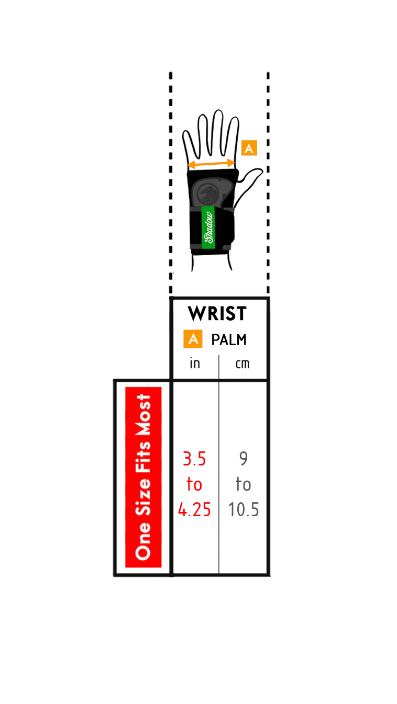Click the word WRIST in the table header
pyautogui.click(x=217, y=313)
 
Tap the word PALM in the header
pyautogui.click(x=228, y=340)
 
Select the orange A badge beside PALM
pyautogui.click(x=193, y=339)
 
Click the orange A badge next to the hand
pyautogui.click(x=249, y=148)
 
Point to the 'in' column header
pyautogui.click(x=195, y=364)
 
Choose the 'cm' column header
pyautogui.click(x=242, y=364)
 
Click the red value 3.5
pyautogui.click(x=194, y=459)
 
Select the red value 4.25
pyautogui.click(x=194, y=509)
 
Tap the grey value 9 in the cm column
pyautogui.click(x=244, y=459)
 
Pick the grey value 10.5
pyautogui.click(x=244, y=509)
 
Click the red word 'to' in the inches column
pyautogui.click(x=194, y=484)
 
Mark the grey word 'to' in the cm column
pyautogui.click(x=244, y=484)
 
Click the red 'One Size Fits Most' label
pyautogui.click(x=144, y=478)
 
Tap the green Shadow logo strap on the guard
pyautogui.click(x=208, y=227)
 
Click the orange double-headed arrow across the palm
pyautogui.click(x=211, y=164)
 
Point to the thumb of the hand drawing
pyautogui.click(x=252, y=183)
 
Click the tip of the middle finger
pyautogui.click(x=218, y=111)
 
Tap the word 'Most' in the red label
pyautogui.click(x=144, y=414)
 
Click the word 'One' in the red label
pyautogui.click(x=144, y=541)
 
